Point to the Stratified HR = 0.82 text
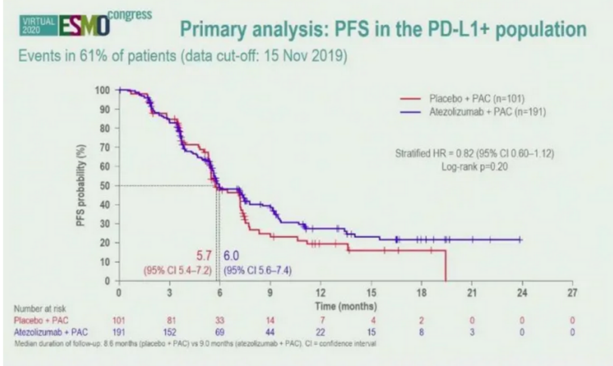(475, 153)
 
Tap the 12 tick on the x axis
(320, 292)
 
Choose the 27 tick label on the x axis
(572, 292)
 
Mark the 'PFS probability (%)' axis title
(81, 185)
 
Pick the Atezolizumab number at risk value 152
(169, 331)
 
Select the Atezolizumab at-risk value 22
(320, 331)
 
